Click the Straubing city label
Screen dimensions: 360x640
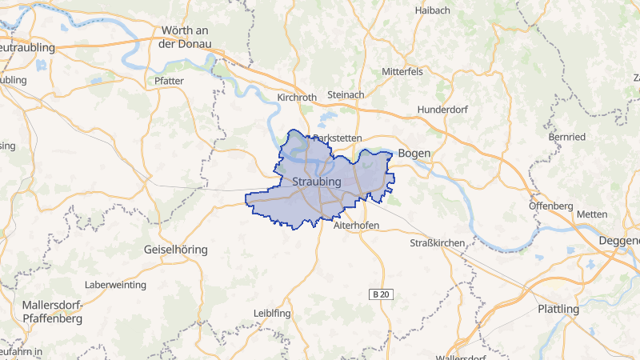tap(318, 182)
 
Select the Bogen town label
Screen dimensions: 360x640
tap(414, 153)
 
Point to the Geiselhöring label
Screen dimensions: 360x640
tap(175, 250)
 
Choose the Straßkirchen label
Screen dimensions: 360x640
tap(437, 242)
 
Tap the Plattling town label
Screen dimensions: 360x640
tap(558, 309)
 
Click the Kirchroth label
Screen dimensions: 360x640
tap(297, 98)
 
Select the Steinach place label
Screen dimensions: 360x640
tap(346, 95)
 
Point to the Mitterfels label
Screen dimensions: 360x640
tap(402, 71)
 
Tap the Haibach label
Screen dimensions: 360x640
tap(433, 10)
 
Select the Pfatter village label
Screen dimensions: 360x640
tap(169, 81)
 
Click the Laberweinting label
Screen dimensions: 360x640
tap(115, 285)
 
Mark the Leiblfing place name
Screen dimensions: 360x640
tap(270, 313)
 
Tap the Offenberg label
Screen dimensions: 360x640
tap(551, 206)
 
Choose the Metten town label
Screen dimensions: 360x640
tap(592, 214)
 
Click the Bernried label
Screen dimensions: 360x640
tap(567, 138)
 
